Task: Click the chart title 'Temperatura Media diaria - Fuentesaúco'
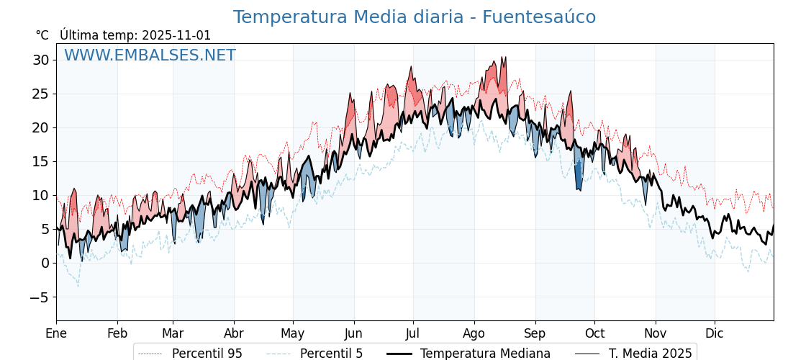click(x=414, y=17)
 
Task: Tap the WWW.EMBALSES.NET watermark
click(x=150, y=55)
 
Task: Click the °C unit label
click(x=42, y=35)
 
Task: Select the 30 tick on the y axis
click(x=40, y=60)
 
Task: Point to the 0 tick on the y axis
click(x=45, y=263)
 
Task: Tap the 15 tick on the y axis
click(x=40, y=161)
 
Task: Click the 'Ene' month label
click(x=56, y=333)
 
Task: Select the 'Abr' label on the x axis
click(x=234, y=333)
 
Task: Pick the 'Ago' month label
click(x=474, y=333)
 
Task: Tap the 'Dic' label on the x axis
click(x=715, y=333)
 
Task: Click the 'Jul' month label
click(x=413, y=333)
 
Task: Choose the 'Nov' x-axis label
click(x=656, y=333)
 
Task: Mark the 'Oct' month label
click(x=594, y=333)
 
